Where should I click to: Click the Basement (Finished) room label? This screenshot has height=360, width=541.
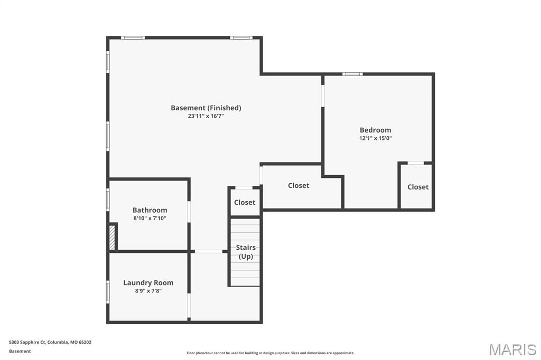[206, 108]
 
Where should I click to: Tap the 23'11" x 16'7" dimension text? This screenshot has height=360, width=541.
[206, 116]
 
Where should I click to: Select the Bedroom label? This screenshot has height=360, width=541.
[376, 130]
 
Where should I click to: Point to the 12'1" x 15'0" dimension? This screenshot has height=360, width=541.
[376, 138]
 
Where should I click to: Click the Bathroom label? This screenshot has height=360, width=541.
[150, 210]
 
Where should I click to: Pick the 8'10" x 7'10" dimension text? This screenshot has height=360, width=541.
[150, 219]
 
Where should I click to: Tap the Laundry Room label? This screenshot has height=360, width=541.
[148, 283]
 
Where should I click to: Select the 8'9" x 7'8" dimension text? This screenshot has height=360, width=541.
[148, 291]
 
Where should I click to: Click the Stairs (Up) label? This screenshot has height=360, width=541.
[246, 252]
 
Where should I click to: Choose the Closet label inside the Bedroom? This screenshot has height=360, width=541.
[418, 187]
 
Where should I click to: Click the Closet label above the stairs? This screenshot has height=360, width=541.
[245, 202]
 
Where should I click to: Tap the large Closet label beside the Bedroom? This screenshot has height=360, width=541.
[299, 185]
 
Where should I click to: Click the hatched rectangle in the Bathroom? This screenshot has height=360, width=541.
[112, 238]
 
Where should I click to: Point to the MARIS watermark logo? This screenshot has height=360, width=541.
[512, 349]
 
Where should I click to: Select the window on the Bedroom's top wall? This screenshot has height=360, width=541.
[352, 74]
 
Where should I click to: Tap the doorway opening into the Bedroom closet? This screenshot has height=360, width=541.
[415, 163]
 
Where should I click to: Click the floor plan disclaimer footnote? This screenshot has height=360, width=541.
[270, 353]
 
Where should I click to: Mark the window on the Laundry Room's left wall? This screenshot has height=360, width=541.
[108, 292]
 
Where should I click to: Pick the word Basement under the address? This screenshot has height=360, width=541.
[20, 352]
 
